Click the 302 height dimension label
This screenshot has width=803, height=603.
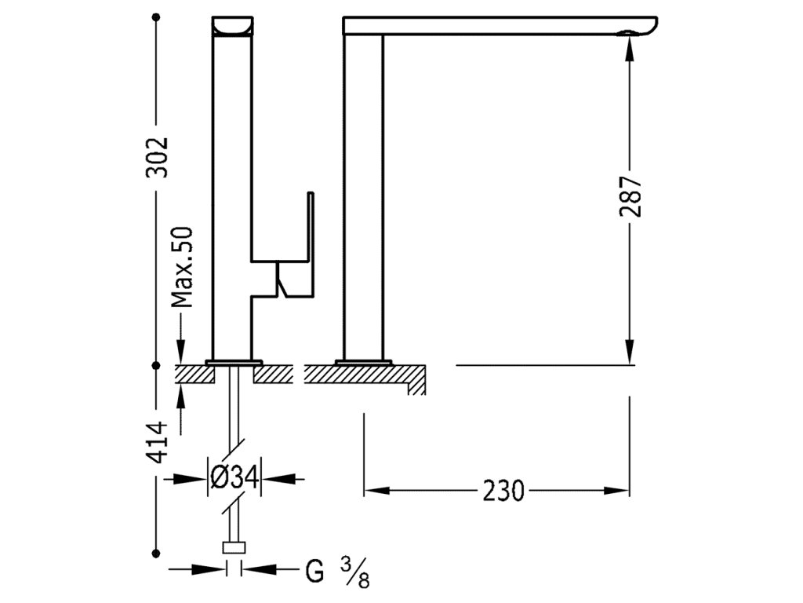(x=158, y=157)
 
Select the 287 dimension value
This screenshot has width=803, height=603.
(x=632, y=196)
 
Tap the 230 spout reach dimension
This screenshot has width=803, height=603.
(x=503, y=491)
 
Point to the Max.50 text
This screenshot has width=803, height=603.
(x=182, y=267)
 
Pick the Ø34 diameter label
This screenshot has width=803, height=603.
(x=234, y=476)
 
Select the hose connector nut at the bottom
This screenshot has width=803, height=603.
(x=234, y=548)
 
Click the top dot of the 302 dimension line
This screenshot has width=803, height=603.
(x=158, y=16)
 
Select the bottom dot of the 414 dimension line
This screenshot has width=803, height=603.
(x=158, y=550)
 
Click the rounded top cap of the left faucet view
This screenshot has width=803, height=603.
(x=234, y=26)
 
